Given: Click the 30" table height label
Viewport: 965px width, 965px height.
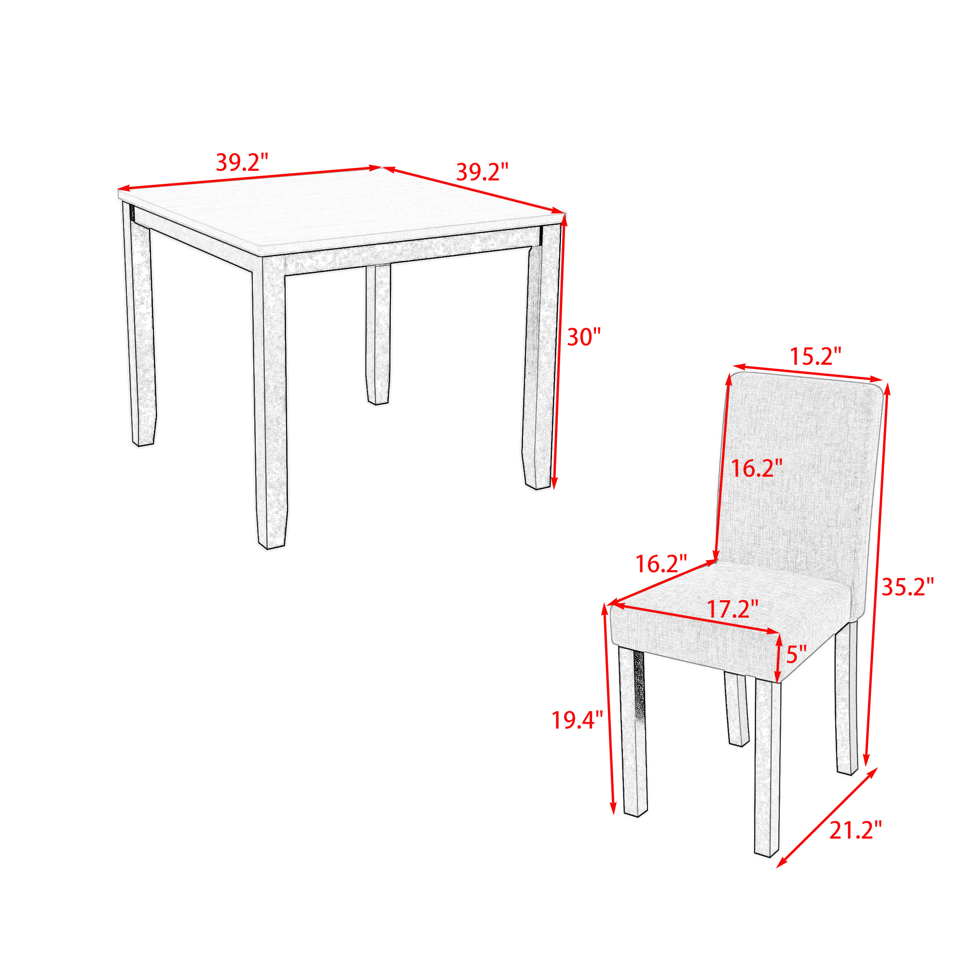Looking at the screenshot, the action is point(583,337).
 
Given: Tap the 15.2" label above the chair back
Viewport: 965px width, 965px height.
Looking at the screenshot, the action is point(815,357).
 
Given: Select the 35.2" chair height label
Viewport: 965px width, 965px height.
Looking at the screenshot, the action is point(908,587).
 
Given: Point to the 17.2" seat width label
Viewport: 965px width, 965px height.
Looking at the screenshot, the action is point(733,609).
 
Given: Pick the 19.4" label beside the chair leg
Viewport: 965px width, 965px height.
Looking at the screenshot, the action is point(578,720).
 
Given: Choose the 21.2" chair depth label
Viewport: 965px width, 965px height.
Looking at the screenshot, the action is point(855,830).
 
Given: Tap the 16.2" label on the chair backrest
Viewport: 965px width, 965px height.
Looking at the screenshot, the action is point(757,468).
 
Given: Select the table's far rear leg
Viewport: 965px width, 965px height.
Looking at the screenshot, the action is point(378,335).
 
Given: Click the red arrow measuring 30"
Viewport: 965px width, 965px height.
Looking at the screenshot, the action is point(559,353).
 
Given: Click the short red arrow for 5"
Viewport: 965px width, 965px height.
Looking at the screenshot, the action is point(778,657).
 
